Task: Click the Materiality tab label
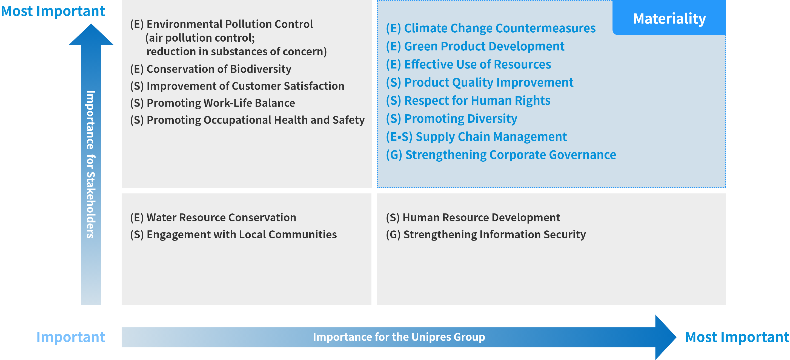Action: pos(669,19)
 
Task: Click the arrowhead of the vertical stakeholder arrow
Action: pos(91,34)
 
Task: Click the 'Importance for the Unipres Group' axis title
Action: pos(399,337)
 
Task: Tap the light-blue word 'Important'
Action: pos(71,337)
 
